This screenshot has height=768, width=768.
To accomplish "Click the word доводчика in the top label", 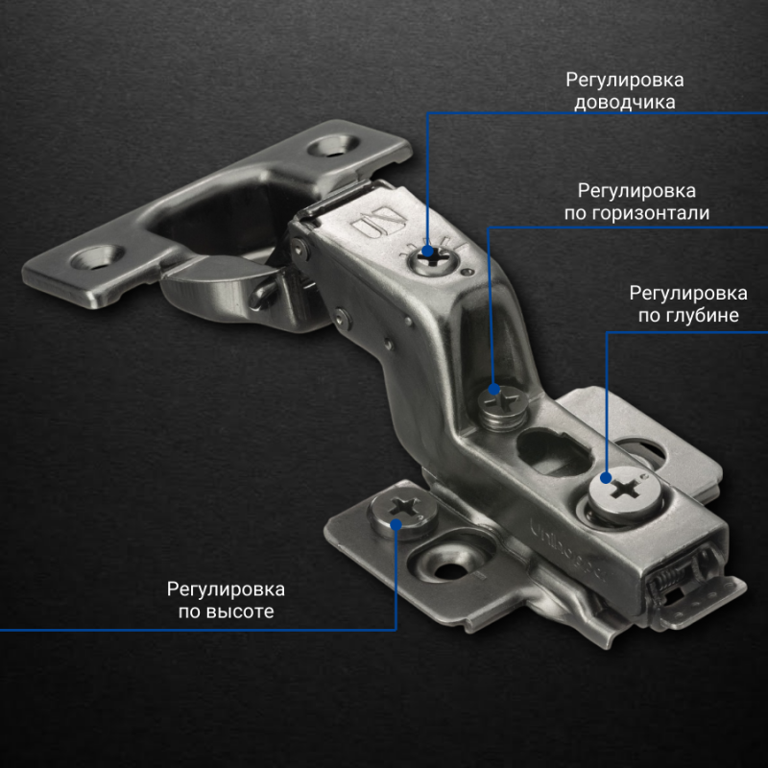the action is coord(625,103).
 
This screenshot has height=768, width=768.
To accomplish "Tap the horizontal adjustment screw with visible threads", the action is coord(503,407).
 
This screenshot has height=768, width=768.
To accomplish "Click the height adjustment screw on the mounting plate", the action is coord(403,515).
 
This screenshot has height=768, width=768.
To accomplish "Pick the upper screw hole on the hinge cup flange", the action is coord(332,146).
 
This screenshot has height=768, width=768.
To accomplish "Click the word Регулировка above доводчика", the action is coord(625,80).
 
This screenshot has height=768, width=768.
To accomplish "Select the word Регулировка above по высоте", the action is coord(226,589).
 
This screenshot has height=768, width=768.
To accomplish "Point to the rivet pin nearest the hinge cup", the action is coord(298,249).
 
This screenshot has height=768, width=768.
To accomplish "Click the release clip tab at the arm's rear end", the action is coord(706,603).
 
